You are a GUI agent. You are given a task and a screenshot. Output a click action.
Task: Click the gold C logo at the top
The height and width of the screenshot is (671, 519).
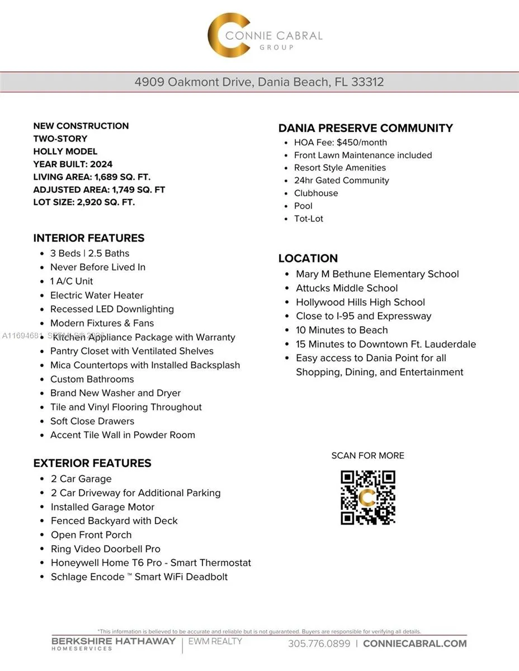click(x=228, y=35)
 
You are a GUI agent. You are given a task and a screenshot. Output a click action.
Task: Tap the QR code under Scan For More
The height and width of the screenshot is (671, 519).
click(x=368, y=498)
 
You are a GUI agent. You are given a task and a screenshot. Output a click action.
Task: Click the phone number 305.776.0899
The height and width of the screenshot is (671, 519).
click(x=319, y=644)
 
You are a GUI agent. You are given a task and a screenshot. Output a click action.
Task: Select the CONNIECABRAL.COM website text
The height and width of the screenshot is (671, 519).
click(x=414, y=644)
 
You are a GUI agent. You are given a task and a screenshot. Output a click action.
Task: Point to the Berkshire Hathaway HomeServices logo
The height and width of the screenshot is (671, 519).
click(x=114, y=644)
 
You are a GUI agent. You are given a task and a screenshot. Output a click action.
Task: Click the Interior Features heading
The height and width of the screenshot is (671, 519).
click(x=89, y=238)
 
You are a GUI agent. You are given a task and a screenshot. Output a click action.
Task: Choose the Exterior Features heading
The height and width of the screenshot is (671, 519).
click(x=92, y=463)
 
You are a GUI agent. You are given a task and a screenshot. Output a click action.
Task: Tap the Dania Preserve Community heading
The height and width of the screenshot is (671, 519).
click(x=366, y=128)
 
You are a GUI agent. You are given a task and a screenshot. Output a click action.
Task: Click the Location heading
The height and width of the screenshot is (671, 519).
click(x=308, y=258)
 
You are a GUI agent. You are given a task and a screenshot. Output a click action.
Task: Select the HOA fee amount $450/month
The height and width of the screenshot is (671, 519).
click(x=362, y=143)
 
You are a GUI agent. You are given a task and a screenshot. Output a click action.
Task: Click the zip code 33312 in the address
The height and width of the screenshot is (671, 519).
click(x=367, y=82)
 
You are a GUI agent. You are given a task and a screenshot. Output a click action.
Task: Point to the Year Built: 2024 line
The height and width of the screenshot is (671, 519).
click(x=73, y=164)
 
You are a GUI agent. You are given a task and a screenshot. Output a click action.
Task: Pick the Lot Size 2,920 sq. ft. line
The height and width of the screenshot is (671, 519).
click(x=84, y=202)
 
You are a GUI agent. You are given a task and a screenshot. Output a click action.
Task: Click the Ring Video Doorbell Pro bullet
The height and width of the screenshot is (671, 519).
click(x=106, y=549)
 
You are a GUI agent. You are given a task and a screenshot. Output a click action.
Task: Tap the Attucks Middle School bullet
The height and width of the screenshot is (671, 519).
click(x=347, y=289)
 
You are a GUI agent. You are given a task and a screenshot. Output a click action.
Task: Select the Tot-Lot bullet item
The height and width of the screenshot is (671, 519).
click(x=309, y=219)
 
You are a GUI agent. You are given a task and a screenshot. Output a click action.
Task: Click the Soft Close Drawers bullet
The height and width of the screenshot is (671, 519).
click(x=92, y=421)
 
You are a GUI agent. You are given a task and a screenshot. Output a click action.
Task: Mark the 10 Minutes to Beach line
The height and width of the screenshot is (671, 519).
click(x=342, y=330)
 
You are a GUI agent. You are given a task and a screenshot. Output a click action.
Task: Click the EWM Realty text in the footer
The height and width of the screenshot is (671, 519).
click(x=215, y=641)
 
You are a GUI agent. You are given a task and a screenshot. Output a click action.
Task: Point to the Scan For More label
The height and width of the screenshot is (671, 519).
click(x=367, y=456)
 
